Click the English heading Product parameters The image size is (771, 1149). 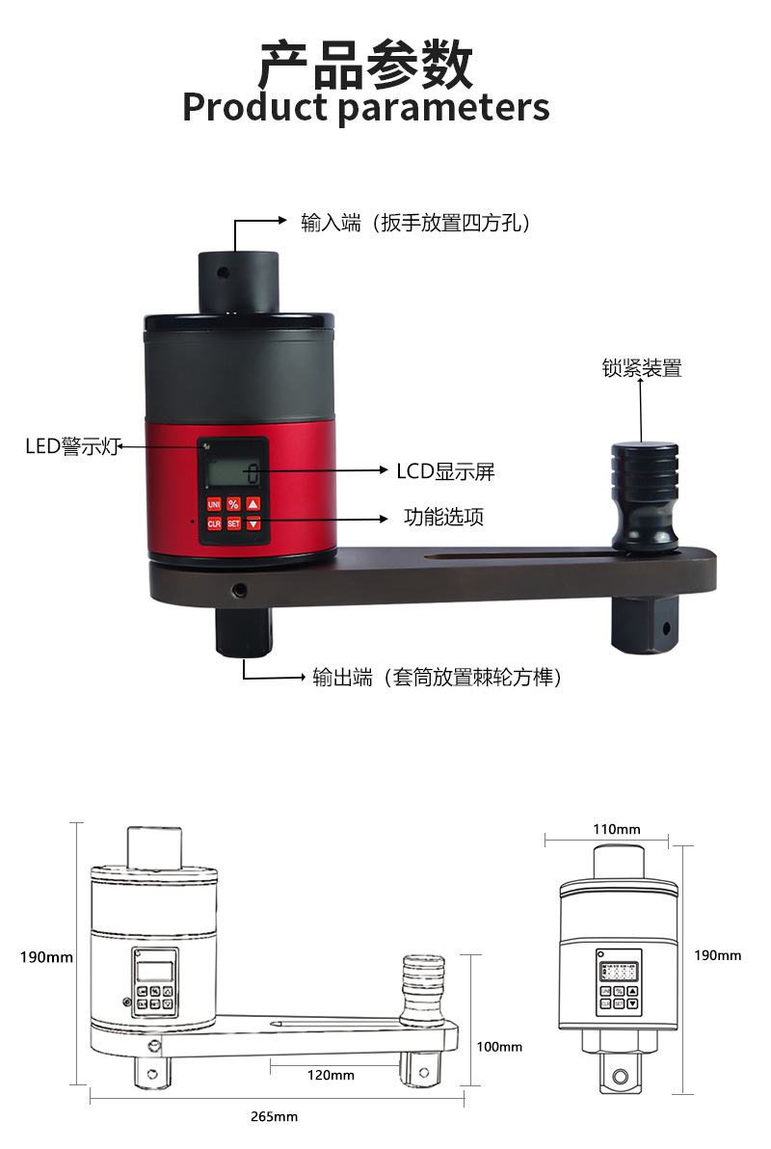[365, 107]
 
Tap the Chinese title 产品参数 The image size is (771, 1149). [365, 64]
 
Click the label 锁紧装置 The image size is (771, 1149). [642, 368]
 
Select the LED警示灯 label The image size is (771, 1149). [73, 447]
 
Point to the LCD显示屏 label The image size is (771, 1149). [445, 471]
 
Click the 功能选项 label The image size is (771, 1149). [443, 517]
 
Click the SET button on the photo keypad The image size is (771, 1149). [233, 523]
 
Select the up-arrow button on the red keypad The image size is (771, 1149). [253, 504]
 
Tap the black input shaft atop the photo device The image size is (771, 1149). [238, 280]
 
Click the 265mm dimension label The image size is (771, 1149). [274, 1116]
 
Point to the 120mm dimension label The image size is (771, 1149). [331, 1075]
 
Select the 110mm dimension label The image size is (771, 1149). [617, 829]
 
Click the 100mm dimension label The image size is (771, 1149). [499, 1047]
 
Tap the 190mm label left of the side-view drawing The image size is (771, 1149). [46, 957]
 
